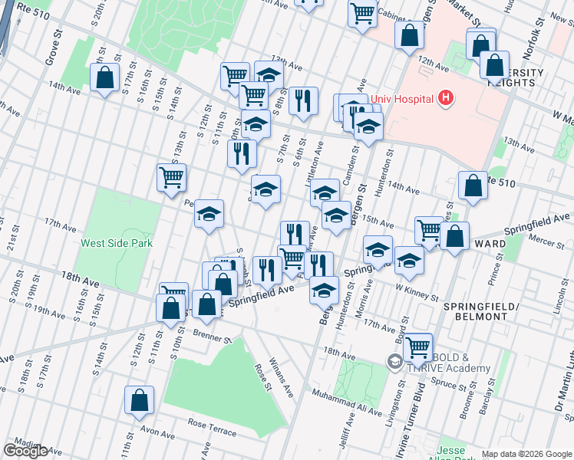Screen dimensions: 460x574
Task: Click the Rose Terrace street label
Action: [212, 428]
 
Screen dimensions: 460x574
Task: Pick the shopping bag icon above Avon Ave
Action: [139, 400]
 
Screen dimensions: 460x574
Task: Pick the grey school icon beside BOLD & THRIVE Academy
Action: [394, 360]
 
